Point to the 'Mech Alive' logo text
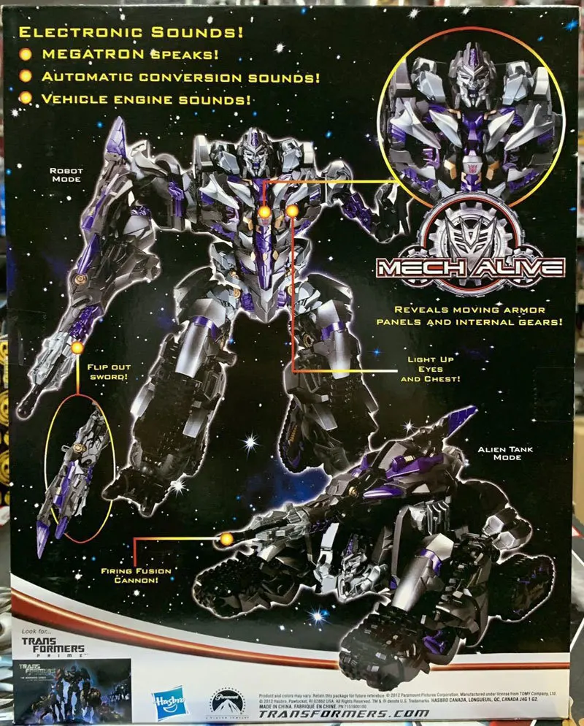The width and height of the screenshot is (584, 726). coord(470,267)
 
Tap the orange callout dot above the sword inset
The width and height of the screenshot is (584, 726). coord(77,348)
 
